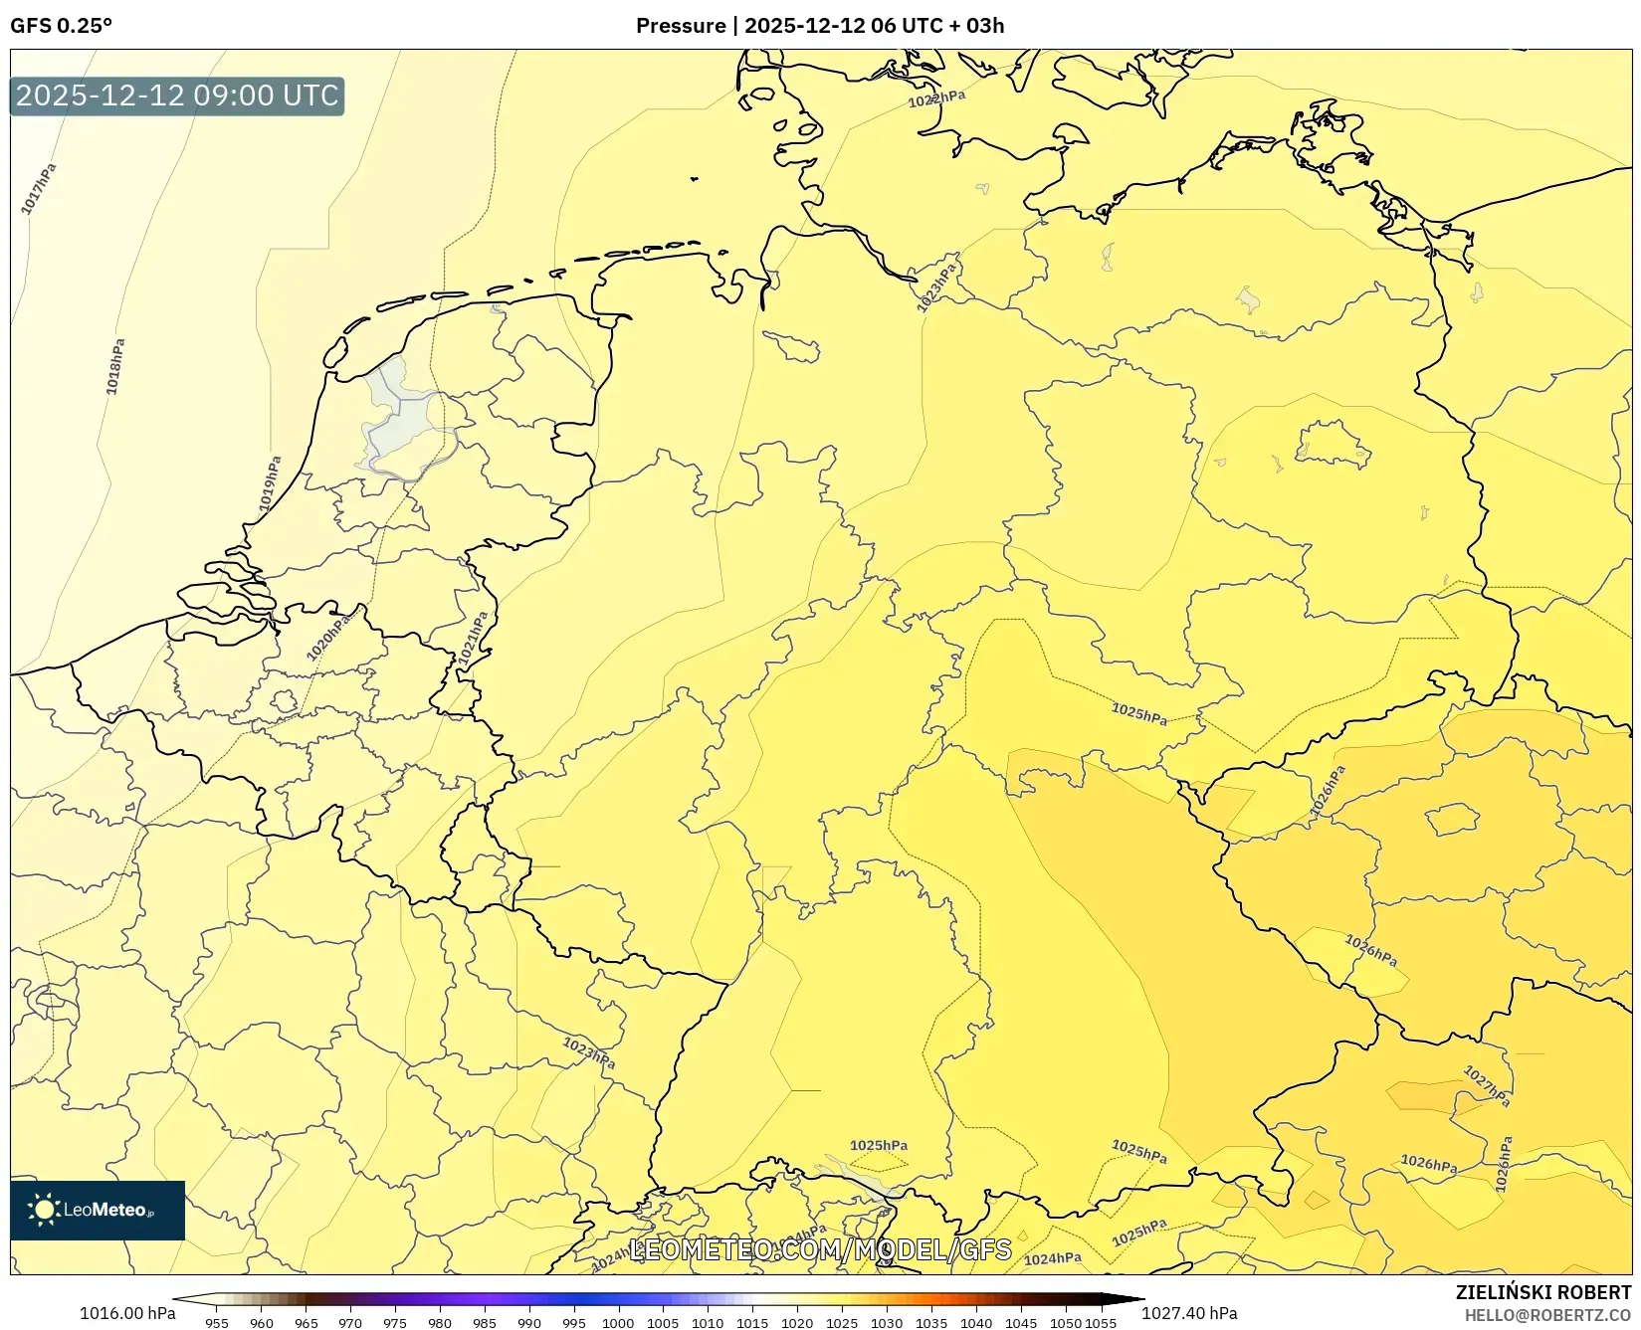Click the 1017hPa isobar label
tap(39, 188)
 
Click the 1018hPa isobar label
tap(115, 366)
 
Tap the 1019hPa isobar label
tap(270, 483)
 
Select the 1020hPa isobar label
tap(327, 638)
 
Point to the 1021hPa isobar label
tap(474, 639)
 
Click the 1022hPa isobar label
tap(935, 99)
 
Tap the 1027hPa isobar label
tap(1487, 1085)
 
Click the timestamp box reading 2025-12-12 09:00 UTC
tap(177, 95)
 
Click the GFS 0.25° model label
tap(61, 26)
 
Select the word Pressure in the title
tap(680, 26)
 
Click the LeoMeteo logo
tap(98, 1210)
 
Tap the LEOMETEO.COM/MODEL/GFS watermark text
tap(821, 1249)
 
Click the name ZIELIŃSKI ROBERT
tap(1542, 1292)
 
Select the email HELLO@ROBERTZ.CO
tap(1547, 1315)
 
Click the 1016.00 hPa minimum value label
tap(126, 1313)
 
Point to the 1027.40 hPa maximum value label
tap(1189, 1313)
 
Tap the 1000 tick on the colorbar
tap(617, 1323)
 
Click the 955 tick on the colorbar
tap(216, 1323)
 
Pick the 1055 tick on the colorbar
tap(1101, 1323)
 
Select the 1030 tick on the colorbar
tap(886, 1323)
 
